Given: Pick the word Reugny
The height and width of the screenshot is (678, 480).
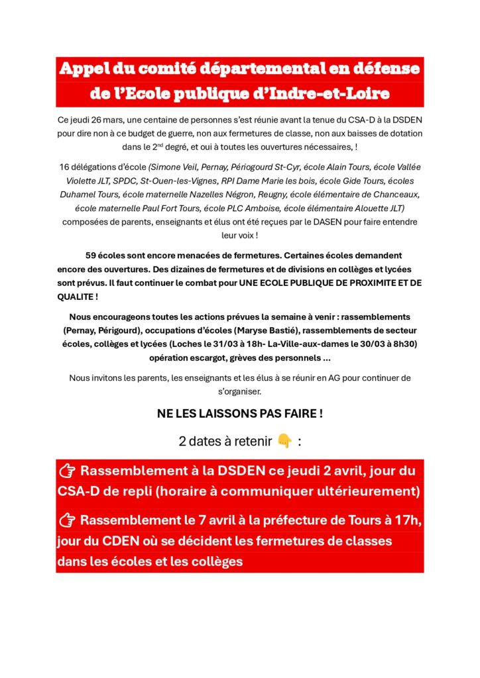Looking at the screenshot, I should click(x=267, y=194).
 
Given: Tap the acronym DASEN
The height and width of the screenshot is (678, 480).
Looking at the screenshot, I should click(x=305, y=221).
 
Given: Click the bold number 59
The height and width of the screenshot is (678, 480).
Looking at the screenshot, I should click(x=92, y=255).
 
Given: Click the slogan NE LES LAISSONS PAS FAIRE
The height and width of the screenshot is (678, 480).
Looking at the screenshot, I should click(x=239, y=414).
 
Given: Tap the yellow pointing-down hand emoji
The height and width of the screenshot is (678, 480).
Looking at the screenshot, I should click(x=284, y=441).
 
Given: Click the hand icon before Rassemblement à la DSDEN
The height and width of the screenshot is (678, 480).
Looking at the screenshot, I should click(x=67, y=471).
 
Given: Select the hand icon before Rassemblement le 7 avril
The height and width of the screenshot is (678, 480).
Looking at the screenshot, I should click(x=67, y=520).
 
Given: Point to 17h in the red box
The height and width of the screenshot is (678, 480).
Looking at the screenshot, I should click(x=409, y=520).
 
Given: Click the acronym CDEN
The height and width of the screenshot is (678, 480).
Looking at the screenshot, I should click(x=121, y=541).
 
